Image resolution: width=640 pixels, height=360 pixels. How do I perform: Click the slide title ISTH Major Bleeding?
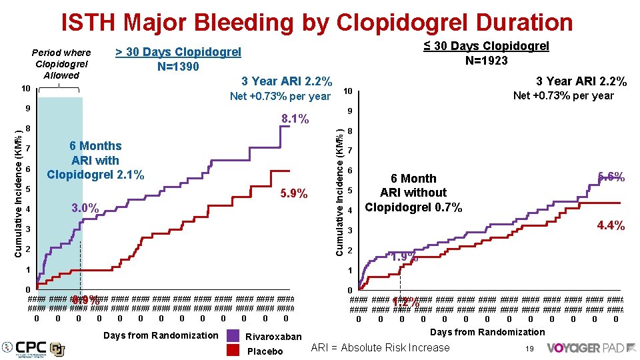(317, 23)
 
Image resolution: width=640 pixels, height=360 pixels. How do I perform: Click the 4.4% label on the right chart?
(610, 226)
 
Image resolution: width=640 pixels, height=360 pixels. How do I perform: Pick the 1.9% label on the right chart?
(404, 257)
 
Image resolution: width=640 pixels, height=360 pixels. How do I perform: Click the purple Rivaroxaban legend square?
(233, 336)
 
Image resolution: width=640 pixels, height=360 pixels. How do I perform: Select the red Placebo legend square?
(233, 351)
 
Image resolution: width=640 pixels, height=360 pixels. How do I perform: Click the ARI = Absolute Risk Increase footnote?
(381, 347)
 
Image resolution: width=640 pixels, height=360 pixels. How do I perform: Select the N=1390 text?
(178, 66)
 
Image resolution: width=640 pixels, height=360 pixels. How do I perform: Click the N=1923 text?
(486, 61)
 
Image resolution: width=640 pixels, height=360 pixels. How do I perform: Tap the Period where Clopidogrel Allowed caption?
(61, 63)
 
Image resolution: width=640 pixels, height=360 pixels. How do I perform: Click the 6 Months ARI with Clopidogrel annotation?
(95, 161)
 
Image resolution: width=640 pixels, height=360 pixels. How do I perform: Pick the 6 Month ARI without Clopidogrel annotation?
(413, 193)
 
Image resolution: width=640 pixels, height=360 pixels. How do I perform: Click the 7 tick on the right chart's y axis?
(349, 151)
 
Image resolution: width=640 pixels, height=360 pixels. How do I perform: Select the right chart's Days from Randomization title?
(487, 332)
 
